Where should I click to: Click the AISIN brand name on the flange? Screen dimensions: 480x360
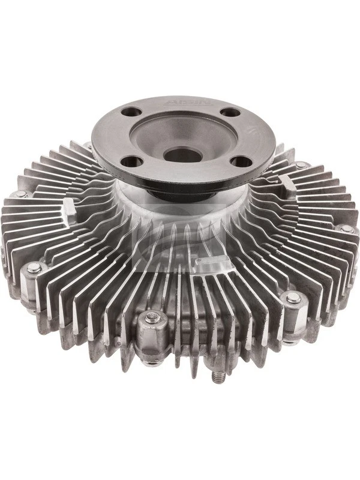[x=184, y=103]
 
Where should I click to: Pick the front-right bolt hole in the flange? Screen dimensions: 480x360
[x=242, y=161]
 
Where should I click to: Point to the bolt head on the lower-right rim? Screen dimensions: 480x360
[x=293, y=298]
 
